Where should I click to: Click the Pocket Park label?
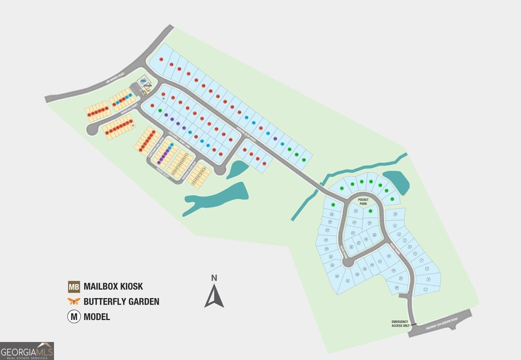coord(363,202)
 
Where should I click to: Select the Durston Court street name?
coord(130,109)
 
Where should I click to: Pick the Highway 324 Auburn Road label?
coord(441,324)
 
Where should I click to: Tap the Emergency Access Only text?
coord(400,324)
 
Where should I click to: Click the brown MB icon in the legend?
coord(74,287)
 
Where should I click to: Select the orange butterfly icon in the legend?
coord(74,302)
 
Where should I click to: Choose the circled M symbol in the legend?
coord(74,317)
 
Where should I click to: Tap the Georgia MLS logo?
coord(27,351)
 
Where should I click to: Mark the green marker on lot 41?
coord(370,211)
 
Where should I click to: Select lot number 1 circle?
coord(426,289)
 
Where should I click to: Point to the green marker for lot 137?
coord(304,159)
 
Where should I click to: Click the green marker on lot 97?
coord(160,110)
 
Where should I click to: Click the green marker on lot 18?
coord(333,205)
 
